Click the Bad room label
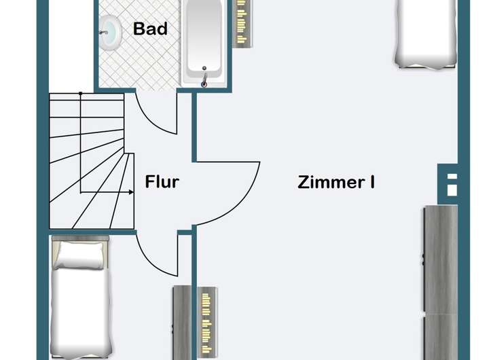click(150, 29)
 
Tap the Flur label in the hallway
click(162, 182)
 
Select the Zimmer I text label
click(337, 182)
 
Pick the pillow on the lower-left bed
click(79, 254)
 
